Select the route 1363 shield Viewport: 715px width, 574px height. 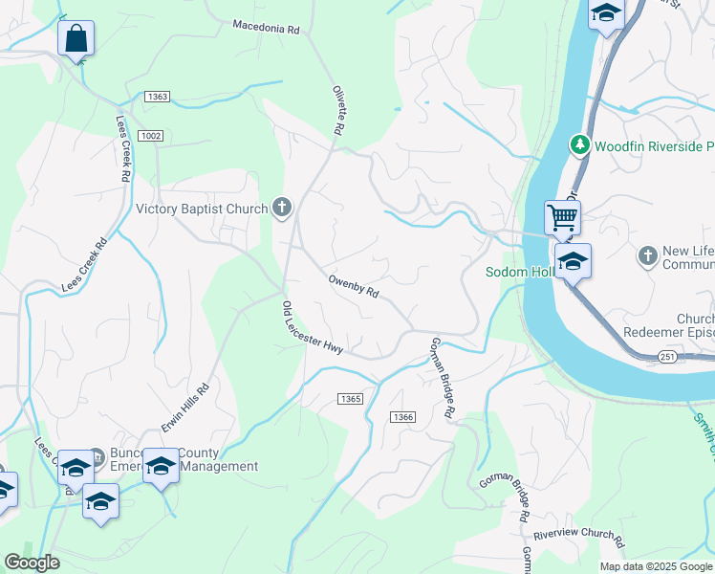[x=158, y=97]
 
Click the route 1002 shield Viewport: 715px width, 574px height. [x=149, y=136]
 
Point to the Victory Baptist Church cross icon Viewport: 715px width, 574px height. [x=281, y=207]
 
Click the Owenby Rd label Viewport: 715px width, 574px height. [x=354, y=286]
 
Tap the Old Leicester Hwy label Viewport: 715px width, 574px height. [x=312, y=328]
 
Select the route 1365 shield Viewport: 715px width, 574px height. [x=349, y=398]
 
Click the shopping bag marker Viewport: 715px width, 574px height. [x=76, y=39]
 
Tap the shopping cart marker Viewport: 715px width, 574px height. [x=562, y=217]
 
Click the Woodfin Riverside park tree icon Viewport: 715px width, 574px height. [x=578, y=145]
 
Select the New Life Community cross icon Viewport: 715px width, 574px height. [x=648, y=255]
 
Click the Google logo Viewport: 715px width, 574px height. [x=32, y=563]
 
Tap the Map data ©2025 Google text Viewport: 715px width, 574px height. [x=657, y=566]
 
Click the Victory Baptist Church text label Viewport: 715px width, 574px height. [x=203, y=209]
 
